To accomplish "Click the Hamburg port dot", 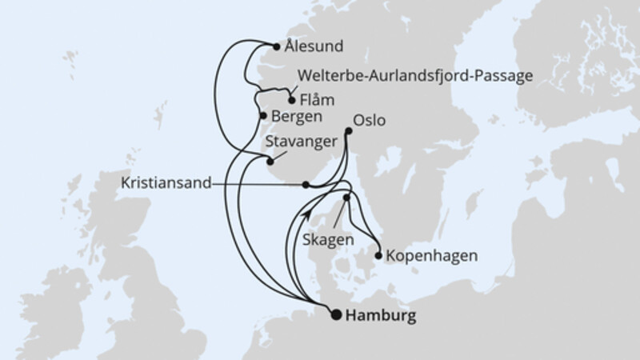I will (336, 314).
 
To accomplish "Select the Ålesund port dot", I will (277, 46).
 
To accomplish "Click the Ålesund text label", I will (314, 46).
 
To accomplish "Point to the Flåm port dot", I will (291, 101).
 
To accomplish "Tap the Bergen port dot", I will (263, 116).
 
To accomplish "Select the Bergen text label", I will (297, 117).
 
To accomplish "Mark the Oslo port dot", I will (348, 131).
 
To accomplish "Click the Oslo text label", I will (369, 121).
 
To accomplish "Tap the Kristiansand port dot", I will (306, 184).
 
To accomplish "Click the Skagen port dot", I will (346, 197).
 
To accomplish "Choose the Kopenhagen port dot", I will (378, 256).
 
